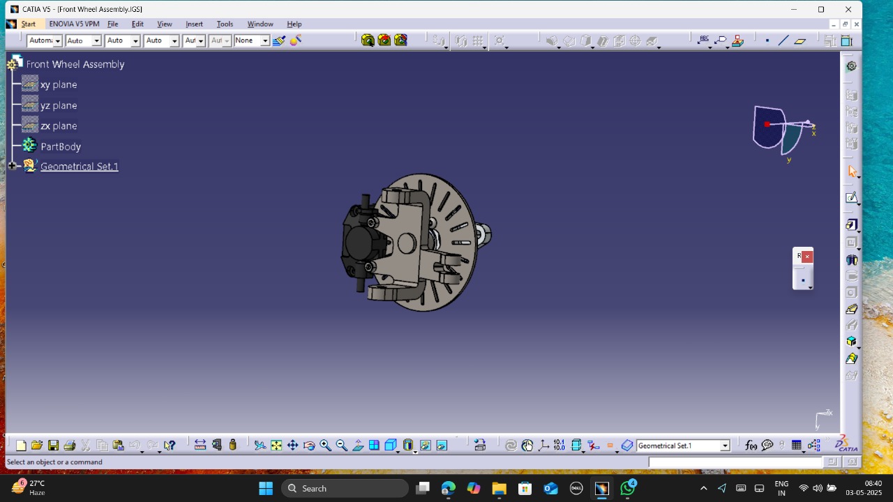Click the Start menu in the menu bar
point(28,24)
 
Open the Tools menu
point(225,24)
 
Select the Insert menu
point(194,24)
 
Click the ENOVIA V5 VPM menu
point(74,24)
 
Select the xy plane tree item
point(59,84)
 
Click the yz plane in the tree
point(59,105)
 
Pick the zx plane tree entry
point(59,126)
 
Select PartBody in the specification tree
point(61,146)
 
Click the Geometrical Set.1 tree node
point(79,167)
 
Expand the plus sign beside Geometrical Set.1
point(12,166)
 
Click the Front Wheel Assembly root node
point(75,64)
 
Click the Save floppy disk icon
point(53,446)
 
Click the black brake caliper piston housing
point(359,243)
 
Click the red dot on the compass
point(767,124)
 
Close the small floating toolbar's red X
point(807,257)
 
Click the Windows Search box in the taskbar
point(345,488)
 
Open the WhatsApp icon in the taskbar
point(628,488)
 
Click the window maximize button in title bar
point(821,9)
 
